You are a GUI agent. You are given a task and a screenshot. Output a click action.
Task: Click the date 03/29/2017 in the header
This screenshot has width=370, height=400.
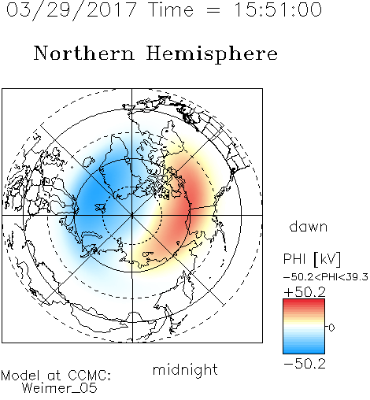(72, 10)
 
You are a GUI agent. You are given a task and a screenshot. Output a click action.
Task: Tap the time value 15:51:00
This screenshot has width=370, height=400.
(278, 9)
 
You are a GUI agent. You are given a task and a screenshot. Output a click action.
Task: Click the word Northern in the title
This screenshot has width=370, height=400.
(84, 53)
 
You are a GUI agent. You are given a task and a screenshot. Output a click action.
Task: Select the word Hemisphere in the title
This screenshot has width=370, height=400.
(212, 54)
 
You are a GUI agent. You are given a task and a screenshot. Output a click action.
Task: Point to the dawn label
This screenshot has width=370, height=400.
(309, 227)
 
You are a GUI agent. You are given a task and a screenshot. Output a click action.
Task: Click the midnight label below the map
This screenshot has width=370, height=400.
(185, 370)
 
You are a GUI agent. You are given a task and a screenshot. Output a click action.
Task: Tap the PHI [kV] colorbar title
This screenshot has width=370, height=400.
(312, 259)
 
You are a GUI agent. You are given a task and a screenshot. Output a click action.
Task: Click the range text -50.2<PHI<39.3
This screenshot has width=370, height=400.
(326, 277)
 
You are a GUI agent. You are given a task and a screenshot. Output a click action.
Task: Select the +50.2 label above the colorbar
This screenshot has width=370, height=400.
(305, 292)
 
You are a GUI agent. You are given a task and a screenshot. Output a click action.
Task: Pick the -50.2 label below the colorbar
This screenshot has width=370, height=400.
(305, 364)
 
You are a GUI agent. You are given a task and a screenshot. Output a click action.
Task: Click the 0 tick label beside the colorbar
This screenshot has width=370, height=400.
(331, 328)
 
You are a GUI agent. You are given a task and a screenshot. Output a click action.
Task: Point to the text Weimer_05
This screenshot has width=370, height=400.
(60, 388)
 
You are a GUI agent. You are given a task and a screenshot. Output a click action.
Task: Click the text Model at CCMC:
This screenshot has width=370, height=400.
(56, 376)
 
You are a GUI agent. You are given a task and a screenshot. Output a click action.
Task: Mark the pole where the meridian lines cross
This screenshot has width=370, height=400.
(132, 215)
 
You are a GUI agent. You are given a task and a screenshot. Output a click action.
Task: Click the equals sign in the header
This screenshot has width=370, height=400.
(213, 10)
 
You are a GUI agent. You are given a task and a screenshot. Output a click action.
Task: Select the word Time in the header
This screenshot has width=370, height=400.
(171, 9)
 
